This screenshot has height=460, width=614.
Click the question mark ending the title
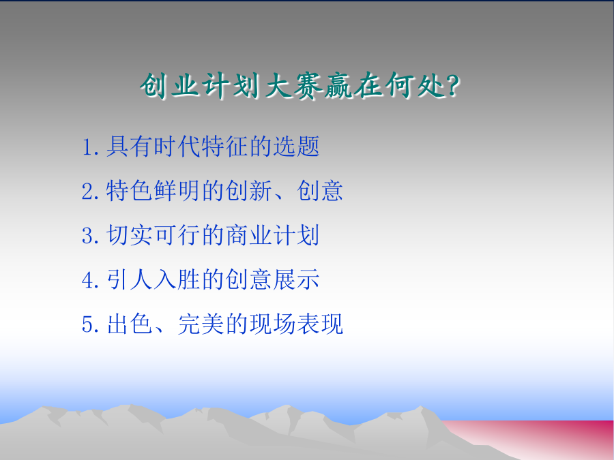tap(452, 85)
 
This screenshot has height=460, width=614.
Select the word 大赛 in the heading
tap(293, 85)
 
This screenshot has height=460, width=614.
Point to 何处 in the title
tap(414, 85)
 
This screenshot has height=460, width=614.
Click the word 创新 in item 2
tap(248, 191)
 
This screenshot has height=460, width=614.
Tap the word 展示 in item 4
tap(296, 279)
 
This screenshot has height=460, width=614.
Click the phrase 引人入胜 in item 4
tap(153, 279)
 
